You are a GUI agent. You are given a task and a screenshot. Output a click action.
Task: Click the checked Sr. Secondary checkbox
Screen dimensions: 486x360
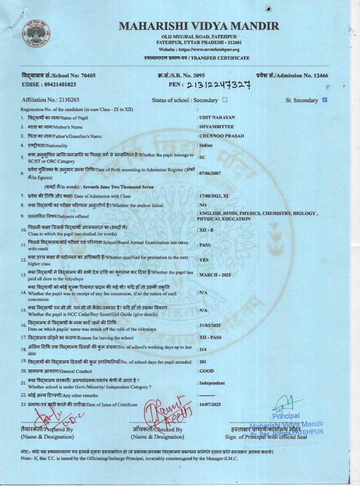[325, 100]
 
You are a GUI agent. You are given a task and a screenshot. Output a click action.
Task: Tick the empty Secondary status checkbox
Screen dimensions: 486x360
[225, 100]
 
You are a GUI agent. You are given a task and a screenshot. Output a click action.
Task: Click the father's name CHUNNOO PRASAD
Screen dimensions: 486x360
[221, 136]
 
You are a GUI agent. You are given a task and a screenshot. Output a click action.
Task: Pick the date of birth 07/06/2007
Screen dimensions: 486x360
[210, 173]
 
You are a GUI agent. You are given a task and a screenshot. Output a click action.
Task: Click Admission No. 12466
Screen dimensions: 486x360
[292, 76]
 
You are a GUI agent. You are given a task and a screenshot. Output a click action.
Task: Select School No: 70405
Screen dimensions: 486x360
[59, 76]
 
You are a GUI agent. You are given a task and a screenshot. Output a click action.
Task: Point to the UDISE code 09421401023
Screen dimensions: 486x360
[49, 85]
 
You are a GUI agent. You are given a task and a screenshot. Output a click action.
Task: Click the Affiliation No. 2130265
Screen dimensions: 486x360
[50, 100]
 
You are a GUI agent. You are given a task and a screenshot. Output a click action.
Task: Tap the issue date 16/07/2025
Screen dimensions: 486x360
[210, 404]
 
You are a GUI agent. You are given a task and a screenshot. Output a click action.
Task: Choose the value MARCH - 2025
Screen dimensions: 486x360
[215, 275]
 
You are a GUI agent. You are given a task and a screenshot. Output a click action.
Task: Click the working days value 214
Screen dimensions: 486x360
[203, 349]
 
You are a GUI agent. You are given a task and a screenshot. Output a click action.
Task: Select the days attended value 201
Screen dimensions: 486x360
[203, 362]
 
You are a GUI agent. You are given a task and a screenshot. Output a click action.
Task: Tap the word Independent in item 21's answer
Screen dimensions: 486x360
[212, 383]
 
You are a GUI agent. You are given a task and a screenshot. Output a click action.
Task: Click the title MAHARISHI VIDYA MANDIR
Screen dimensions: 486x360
[199, 26]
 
